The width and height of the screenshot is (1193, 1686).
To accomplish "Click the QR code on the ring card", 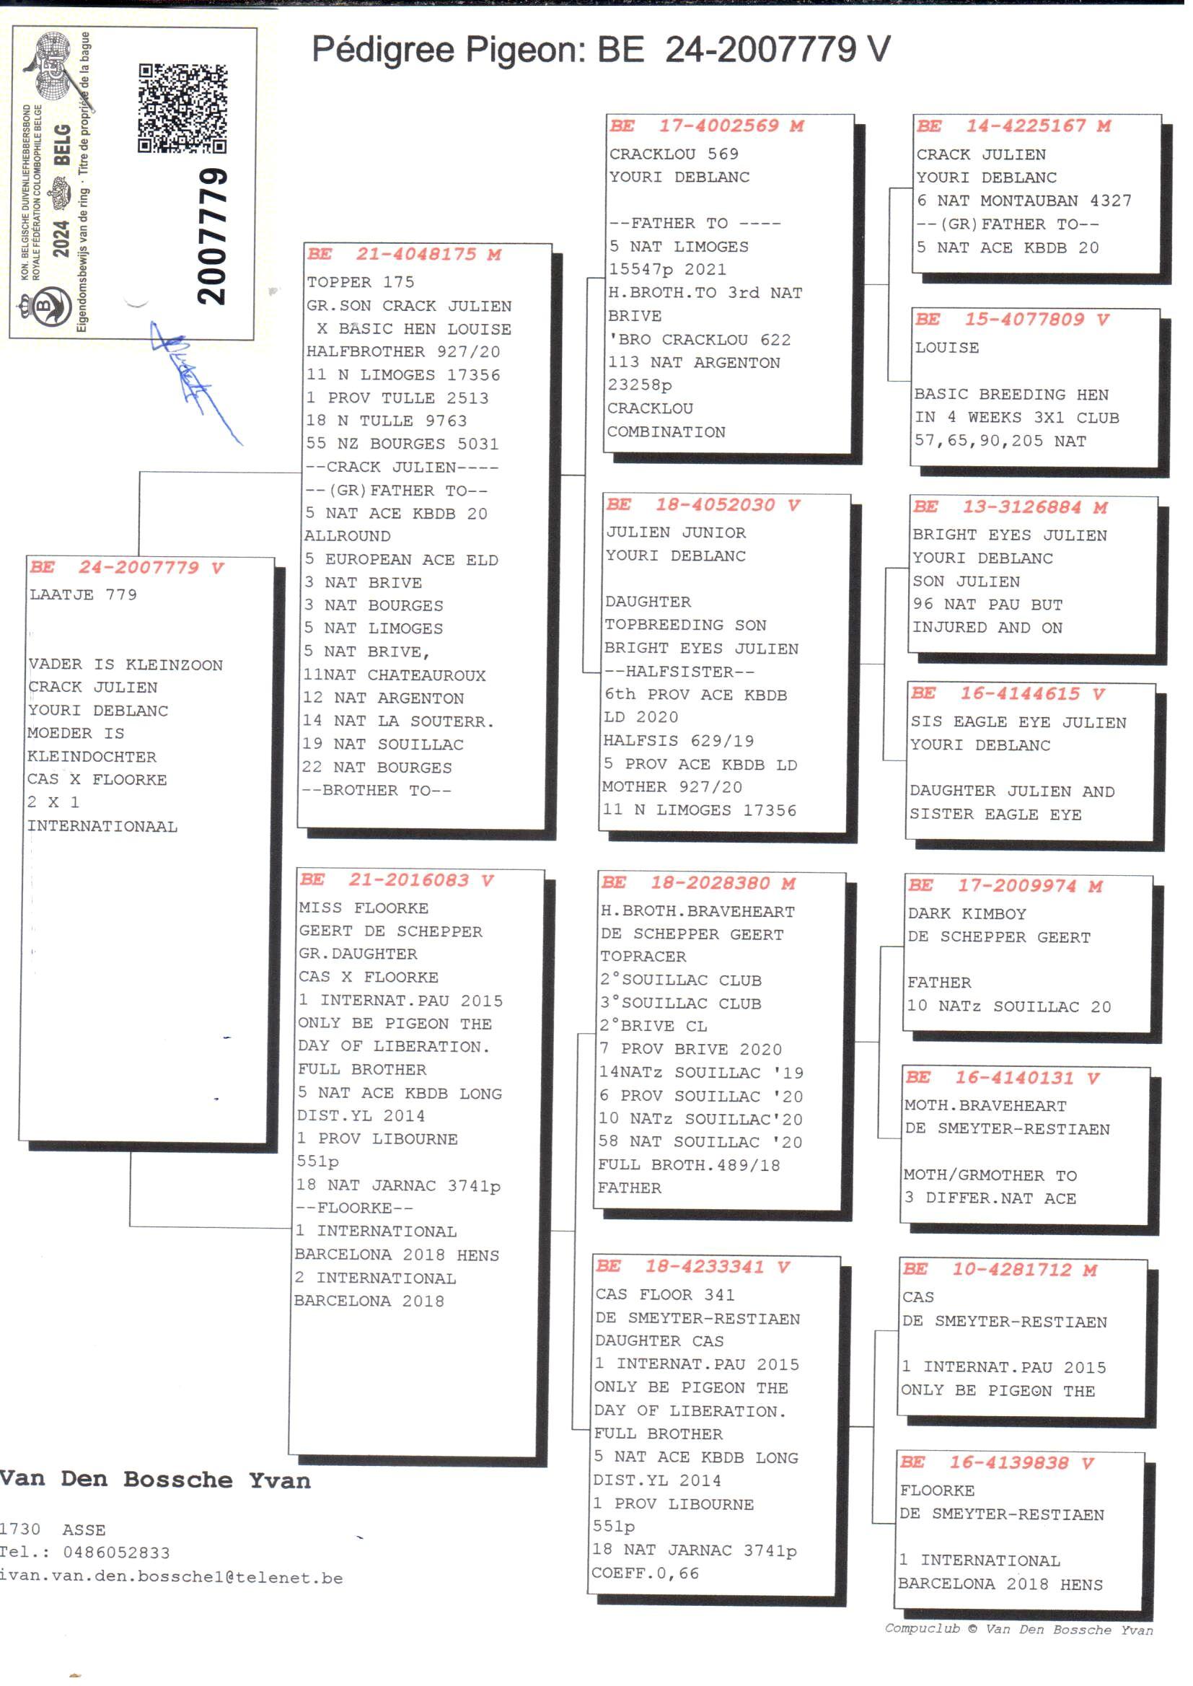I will [182, 108].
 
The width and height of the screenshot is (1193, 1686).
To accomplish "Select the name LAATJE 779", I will [83, 594].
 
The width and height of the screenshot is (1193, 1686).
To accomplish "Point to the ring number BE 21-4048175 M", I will [403, 254].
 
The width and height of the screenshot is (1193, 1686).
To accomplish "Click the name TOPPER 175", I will [360, 282].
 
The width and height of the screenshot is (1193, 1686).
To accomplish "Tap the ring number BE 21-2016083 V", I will [396, 879].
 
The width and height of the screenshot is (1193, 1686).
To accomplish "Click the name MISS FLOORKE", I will [353, 908].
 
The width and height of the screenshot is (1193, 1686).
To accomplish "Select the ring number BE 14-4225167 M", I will [1013, 126].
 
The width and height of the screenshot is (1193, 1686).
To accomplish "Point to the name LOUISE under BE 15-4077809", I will [947, 348].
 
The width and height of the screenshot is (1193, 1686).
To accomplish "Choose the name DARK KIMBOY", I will [967, 914].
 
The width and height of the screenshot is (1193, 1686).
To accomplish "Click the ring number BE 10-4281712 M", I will [999, 1270].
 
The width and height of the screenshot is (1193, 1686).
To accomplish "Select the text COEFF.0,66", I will [646, 1573].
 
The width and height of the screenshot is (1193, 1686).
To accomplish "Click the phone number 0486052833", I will [116, 1553].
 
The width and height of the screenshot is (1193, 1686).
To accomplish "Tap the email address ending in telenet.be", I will [170, 1577].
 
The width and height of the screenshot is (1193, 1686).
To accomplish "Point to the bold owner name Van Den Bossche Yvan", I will [154, 1480].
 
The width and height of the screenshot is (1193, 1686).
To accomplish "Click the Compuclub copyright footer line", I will [1018, 1629].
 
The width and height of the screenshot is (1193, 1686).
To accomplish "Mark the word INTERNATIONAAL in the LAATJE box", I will [102, 827].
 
